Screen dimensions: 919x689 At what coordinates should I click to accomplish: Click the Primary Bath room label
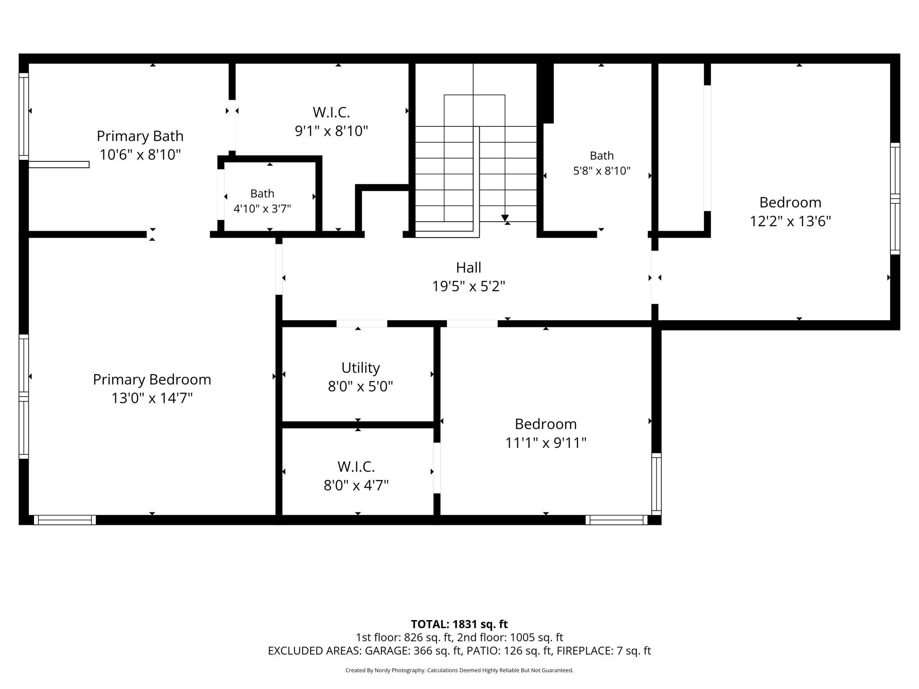coord(140,136)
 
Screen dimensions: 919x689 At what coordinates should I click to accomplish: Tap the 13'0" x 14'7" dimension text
coord(152,398)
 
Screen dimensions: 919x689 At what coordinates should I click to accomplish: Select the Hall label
coord(469,267)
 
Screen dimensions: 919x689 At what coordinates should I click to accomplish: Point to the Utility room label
coord(361,368)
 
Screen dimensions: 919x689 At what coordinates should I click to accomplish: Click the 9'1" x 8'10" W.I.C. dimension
coord(331,131)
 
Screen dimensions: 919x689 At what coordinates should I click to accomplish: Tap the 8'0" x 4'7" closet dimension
coord(356,485)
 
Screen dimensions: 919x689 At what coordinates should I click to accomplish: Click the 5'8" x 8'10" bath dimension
coord(602,170)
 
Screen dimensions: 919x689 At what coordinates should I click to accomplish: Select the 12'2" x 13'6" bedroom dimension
coord(790,221)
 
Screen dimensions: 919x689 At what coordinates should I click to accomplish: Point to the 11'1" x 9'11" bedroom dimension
coord(546,443)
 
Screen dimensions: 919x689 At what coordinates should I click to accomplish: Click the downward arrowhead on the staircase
coord(505,218)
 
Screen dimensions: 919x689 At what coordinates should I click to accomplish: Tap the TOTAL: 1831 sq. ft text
coord(459,624)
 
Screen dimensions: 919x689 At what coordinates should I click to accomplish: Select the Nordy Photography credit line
coord(459,670)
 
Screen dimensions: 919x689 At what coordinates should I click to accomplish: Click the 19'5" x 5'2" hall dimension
coord(469,286)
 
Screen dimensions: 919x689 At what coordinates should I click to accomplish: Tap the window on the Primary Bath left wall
coord(24,117)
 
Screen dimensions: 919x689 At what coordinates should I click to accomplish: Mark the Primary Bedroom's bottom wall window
coord(65,520)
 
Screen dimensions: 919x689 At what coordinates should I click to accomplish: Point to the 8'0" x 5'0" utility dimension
coord(361,386)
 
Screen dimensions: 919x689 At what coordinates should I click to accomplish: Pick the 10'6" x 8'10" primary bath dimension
coord(140,155)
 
